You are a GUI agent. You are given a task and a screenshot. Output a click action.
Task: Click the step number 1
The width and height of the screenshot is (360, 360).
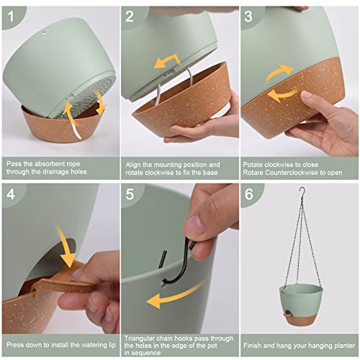[11, 17]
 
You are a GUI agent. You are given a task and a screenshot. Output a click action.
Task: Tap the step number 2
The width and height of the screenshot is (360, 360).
[130, 17]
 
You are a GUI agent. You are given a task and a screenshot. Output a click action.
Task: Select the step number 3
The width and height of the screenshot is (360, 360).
[248, 17]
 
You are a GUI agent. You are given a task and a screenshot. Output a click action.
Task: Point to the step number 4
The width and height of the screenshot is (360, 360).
[11, 194]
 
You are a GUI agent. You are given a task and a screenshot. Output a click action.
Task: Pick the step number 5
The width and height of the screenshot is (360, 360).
[130, 194]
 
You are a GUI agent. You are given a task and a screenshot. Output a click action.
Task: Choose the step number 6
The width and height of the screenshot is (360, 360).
[248, 194]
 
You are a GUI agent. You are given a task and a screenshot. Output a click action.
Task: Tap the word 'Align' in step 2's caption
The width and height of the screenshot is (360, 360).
[133, 165]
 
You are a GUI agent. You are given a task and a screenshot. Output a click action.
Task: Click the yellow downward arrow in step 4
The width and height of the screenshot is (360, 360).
[66, 247]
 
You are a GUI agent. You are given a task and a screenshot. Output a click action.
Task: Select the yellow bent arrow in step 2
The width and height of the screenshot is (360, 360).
[167, 61]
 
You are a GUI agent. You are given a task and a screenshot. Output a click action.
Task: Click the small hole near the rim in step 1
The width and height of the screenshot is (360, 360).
[44, 33]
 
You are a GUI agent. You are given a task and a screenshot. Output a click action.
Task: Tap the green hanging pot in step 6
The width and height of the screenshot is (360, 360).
[301, 305]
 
